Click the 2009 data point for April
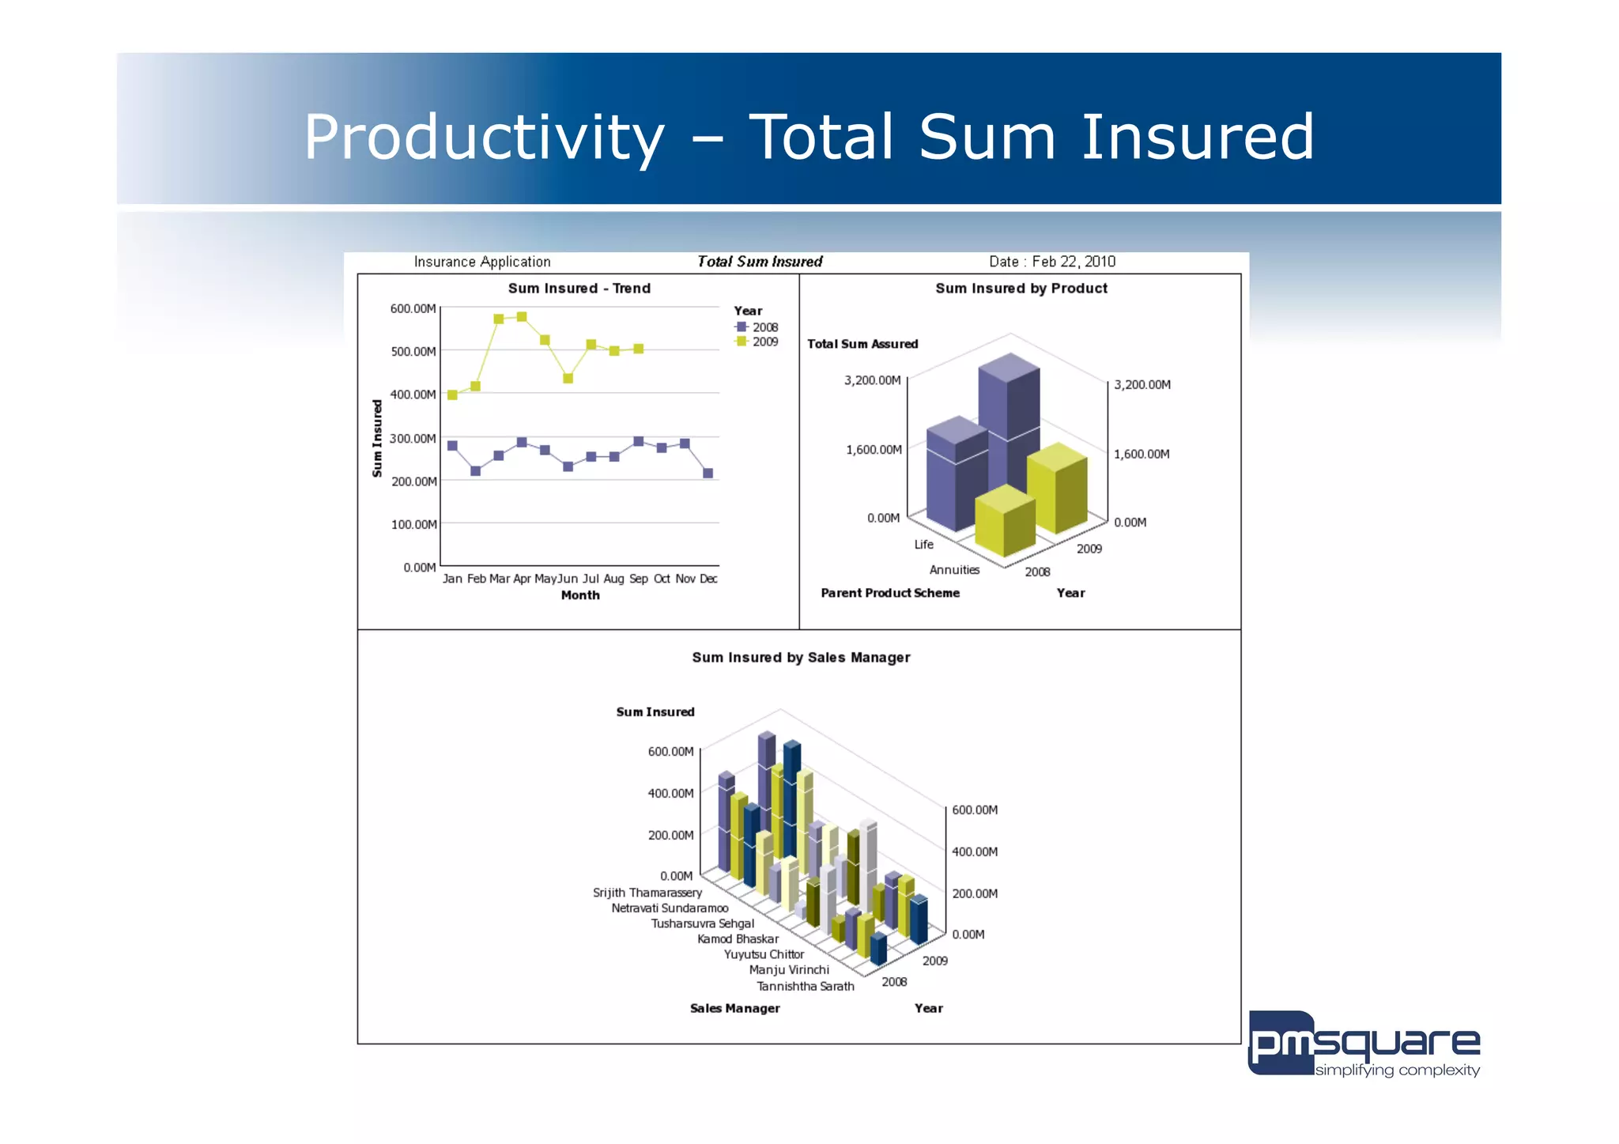(522, 317)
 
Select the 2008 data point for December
(708, 474)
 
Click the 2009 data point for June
(568, 378)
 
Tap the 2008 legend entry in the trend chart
(757, 327)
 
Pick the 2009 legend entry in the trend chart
(757, 342)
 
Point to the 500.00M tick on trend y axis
(413, 351)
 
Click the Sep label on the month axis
(639, 579)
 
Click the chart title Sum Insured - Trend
(579, 289)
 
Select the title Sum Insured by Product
(1021, 289)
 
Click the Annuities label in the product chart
(954, 570)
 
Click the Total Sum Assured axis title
(862, 344)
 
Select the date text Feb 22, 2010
(1074, 262)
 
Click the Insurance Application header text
(482, 262)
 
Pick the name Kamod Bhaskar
(738, 939)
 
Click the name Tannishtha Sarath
(805, 986)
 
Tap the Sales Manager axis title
(734, 1008)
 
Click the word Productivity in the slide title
(484, 138)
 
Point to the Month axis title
(580, 595)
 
